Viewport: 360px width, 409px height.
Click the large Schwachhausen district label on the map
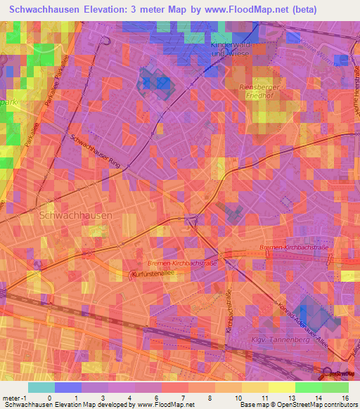point(75,215)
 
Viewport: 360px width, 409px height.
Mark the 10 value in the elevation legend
point(238,398)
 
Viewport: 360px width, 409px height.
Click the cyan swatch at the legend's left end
point(41,387)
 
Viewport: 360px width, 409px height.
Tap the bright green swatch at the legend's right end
point(335,387)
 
